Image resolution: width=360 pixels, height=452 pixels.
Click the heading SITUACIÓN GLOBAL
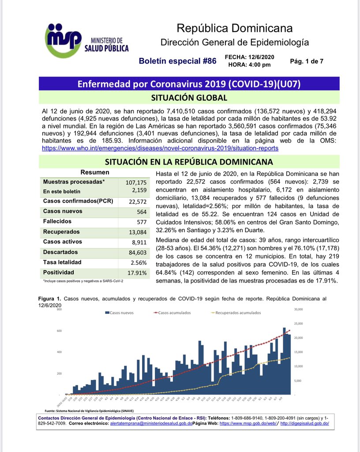[x=189, y=98]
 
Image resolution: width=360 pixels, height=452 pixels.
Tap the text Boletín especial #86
[x=177, y=61]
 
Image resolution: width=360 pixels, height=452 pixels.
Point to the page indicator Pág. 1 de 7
[x=307, y=61]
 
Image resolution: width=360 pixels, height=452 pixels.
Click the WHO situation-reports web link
[x=160, y=148]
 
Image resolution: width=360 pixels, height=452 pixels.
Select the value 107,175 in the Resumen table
[x=135, y=182]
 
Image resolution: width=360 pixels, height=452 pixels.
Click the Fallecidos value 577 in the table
[x=141, y=222]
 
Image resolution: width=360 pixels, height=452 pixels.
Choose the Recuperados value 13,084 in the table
[x=137, y=232]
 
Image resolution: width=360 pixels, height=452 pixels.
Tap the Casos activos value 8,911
[x=138, y=242]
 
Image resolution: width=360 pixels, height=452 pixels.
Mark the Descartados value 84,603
[x=137, y=252]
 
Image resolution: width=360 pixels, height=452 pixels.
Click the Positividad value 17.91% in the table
[x=136, y=273]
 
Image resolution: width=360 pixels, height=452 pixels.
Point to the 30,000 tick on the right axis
[x=300, y=309]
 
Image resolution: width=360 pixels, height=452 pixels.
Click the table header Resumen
[x=95, y=173]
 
